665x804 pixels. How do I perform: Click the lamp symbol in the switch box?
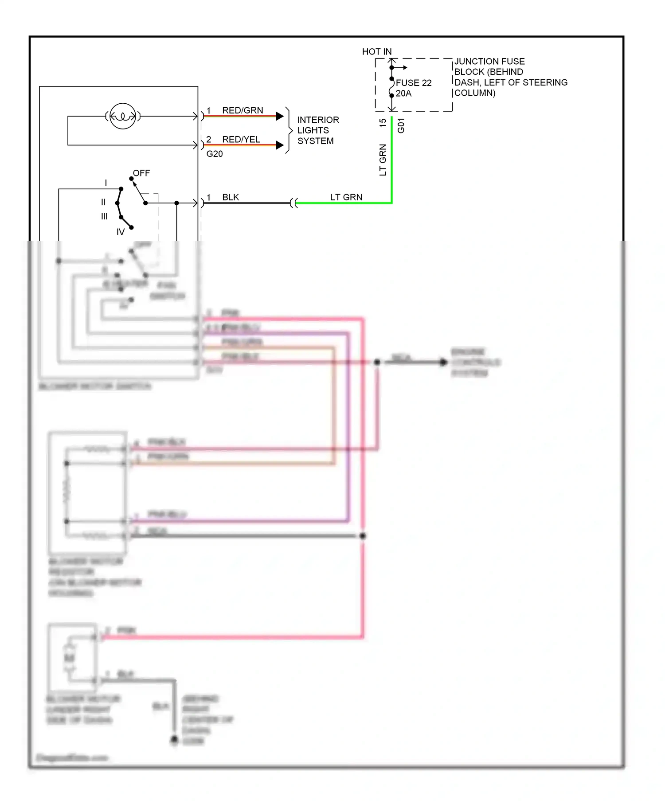tap(122, 116)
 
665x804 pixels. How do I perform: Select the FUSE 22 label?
tap(413, 83)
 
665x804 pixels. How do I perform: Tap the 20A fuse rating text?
tap(403, 94)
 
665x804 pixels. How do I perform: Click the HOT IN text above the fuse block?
tap(377, 51)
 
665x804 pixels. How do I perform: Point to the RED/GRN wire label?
tap(243, 110)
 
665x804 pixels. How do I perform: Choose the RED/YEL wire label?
tap(241, 139)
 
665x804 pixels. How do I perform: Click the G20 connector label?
tap(215, 154)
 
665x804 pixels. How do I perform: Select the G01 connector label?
tap(401, 125)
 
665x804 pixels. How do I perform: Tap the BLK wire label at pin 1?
tap(231, 197)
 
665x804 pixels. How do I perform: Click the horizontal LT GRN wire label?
tap(346, 197)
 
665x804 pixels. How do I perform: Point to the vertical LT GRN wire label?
tap(383, 160)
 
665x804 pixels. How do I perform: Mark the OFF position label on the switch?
tap(141, 173)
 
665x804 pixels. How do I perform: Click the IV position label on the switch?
tap(121, 232)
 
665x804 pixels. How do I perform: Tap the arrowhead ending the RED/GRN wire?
tap(280, 116)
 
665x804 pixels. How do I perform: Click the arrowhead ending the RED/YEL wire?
tap(280, 145)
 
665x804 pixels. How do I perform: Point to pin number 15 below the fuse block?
tap(383, 123)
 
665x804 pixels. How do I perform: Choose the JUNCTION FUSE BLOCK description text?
tap(510, 77)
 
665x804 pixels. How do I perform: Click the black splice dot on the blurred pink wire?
tap(363, 536)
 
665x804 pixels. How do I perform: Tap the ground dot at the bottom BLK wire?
tap(174, 739)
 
